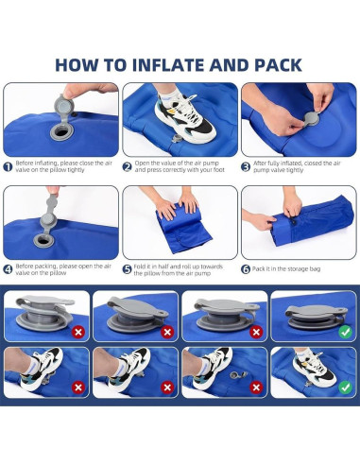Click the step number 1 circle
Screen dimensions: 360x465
click(8, 166)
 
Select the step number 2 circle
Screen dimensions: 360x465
click(128, 166)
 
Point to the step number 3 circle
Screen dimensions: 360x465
click(246, 166)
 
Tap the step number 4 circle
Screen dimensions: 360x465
click(8, 269)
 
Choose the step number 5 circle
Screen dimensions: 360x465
click(127, 269)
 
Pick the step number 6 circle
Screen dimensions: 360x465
click(246, 269)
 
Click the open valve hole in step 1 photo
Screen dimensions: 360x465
click(61, 132)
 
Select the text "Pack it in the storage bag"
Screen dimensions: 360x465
click(286, 269)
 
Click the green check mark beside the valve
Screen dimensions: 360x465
click(346, 332)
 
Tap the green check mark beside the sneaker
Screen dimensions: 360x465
click(346, 387)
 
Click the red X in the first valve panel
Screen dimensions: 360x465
click(78, 332)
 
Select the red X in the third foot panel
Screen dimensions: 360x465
click(256, 387)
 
